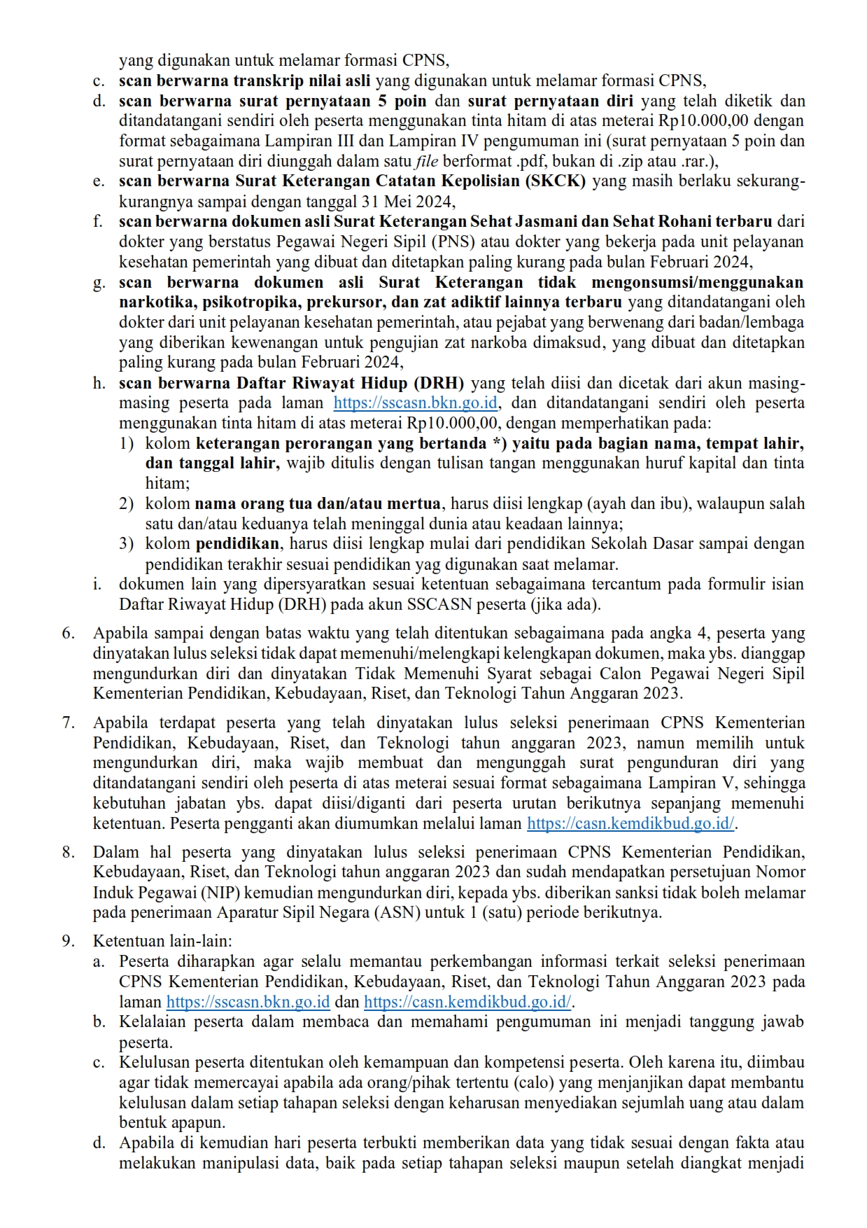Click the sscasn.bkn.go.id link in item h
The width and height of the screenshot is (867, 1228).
[x=416, y=403]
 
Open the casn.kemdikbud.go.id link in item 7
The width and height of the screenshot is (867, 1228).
[x=630, y=824]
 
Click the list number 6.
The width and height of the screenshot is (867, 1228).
[x=68, y=634]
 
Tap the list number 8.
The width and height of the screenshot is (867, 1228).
[x=68, y=853]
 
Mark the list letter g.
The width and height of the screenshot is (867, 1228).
[x=99, y=283]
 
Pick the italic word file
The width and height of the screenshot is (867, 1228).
[x=427, y=162]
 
